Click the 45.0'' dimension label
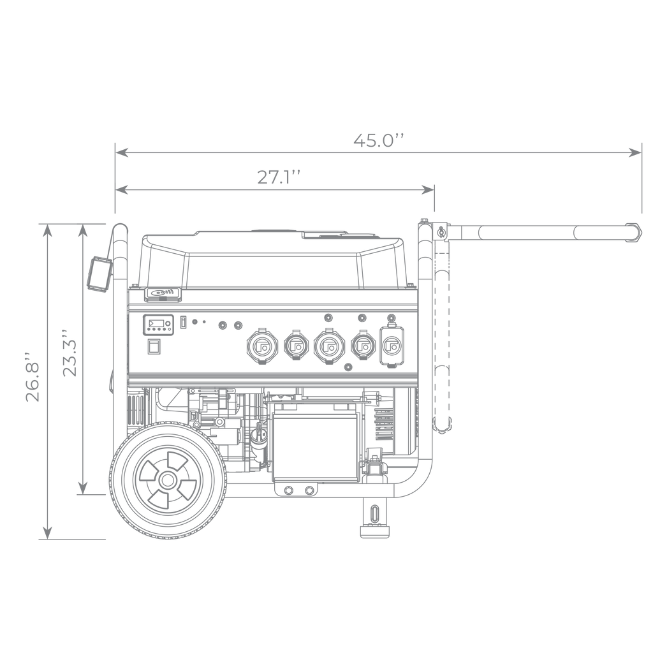[379, 140]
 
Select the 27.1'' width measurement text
[278, 177]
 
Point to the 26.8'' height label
[33, 378]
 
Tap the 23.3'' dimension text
[70, 353]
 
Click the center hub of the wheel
[168, 481]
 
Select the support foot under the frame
[374, 517]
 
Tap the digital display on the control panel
[158, 325]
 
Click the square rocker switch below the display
[154, 346]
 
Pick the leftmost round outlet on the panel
[262, 346]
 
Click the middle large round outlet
[329, 346]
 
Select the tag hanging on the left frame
[99, 273]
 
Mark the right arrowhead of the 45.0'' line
[636, 152]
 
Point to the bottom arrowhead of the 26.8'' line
[47, 533]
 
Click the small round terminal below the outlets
[349, 367]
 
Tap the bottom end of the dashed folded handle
[442, 425]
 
